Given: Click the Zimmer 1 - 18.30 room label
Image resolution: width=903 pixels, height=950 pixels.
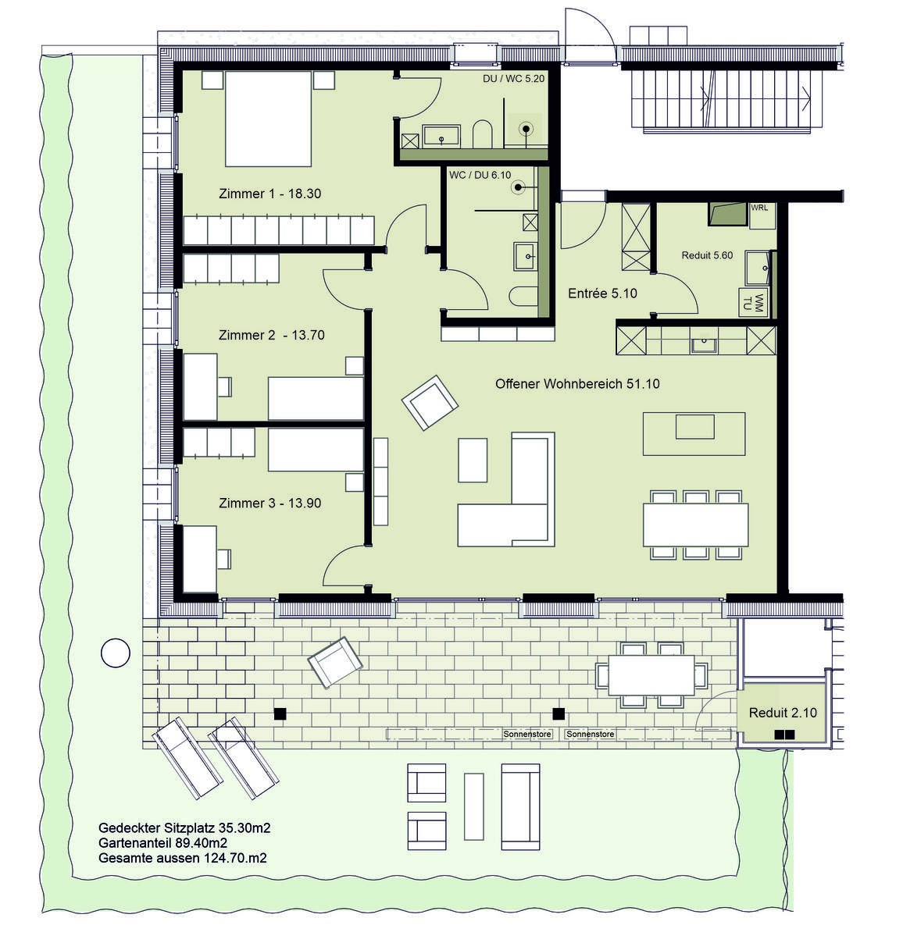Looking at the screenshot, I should pos(269,194).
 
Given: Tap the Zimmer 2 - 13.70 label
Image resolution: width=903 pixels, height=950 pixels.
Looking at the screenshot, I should pos(271,335).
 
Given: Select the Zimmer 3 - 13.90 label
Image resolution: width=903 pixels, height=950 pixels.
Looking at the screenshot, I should pos(269,503).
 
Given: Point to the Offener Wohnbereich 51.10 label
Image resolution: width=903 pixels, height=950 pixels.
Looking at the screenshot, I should pos(577,384).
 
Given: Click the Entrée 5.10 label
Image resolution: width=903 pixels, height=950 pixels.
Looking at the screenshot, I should pos(602,294).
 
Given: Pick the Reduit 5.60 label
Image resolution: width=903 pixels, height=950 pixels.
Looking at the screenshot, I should pos(707,255).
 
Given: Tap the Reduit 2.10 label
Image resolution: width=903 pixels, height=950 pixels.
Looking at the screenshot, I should pos(783,713).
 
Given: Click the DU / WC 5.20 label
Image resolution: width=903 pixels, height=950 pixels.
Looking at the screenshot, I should pos(513,79).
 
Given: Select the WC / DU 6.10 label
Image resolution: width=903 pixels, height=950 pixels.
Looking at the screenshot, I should pos(480,175).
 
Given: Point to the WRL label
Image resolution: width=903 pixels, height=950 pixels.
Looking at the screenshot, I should pos(759,208).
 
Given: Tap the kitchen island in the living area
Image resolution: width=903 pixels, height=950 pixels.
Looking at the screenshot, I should pos(694,433).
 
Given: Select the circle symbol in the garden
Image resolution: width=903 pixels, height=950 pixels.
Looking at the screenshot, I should pos(116,653).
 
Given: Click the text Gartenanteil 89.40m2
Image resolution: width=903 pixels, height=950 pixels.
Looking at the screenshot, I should pos(162,843).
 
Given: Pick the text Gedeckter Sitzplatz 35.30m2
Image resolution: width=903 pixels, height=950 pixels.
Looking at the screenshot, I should pos(184,827).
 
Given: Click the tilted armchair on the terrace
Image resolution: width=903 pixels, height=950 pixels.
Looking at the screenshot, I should pos(335,662).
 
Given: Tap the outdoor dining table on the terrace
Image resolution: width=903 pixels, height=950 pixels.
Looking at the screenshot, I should pos(651,674).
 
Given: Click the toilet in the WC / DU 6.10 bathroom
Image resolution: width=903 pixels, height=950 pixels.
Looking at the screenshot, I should pos(523,296).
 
